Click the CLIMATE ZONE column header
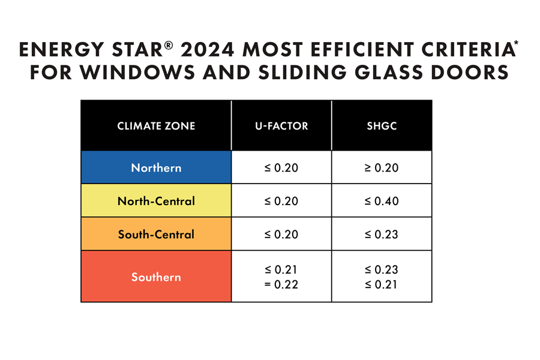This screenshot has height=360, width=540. (156, 126)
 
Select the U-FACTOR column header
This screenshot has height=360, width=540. (281, 126)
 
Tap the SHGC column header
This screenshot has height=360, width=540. (382, 126)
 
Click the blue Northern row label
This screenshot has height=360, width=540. (156, 167)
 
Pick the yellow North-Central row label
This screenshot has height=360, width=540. (156, 201)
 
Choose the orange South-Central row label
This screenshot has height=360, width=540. (156, 234)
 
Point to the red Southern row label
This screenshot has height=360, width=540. (156, 277)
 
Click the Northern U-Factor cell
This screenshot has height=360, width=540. (281, 167)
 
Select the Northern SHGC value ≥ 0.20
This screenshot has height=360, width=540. (382, 167)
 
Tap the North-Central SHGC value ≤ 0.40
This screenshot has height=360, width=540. (382, 201)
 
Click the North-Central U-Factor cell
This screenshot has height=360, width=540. (281, 201)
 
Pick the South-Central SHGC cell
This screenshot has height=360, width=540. (382, 234)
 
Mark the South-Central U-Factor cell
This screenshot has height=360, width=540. (281, 234)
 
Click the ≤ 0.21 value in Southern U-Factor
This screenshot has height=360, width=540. (281, 270)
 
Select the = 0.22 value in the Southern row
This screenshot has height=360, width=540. (281, 284)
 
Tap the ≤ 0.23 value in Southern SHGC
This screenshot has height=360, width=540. (382, 270)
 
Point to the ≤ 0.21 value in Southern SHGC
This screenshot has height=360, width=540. (382, 284)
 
